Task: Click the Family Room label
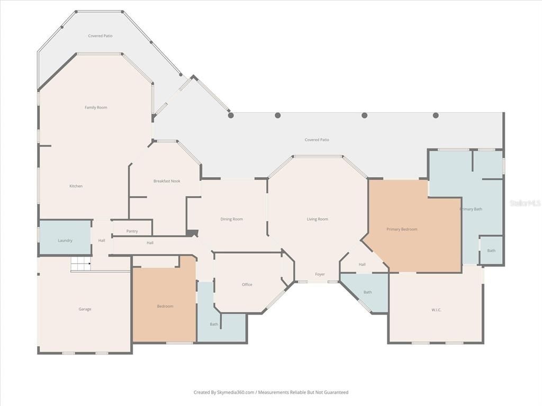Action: (x=96, y=107)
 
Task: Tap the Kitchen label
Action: (x=76, y=186)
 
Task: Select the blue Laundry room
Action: (x=65, y=239)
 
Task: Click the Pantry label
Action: (x=132, y=231)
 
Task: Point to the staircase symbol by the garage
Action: (x=81, y=263)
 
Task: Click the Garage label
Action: (x=85, y=309)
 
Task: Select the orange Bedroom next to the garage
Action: (x=165, y=306)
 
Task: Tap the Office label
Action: (x=247, y=284)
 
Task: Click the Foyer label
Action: (x=320, y=274)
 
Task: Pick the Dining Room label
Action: (x=232, y=219)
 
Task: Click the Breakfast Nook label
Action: (x=167, y=181)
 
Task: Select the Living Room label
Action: (x=318, y=219)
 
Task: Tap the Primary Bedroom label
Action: (x=402, y=229)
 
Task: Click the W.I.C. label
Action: (x=436, y=310)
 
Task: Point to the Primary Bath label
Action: (x=471, y=209)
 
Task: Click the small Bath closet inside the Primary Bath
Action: (x=491, y=251)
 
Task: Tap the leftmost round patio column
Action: (x=231, y=115)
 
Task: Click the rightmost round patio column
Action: (x=436, y=115)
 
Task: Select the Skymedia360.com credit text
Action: (x=271, y=392)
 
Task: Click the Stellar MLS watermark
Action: (x=525, y=203)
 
